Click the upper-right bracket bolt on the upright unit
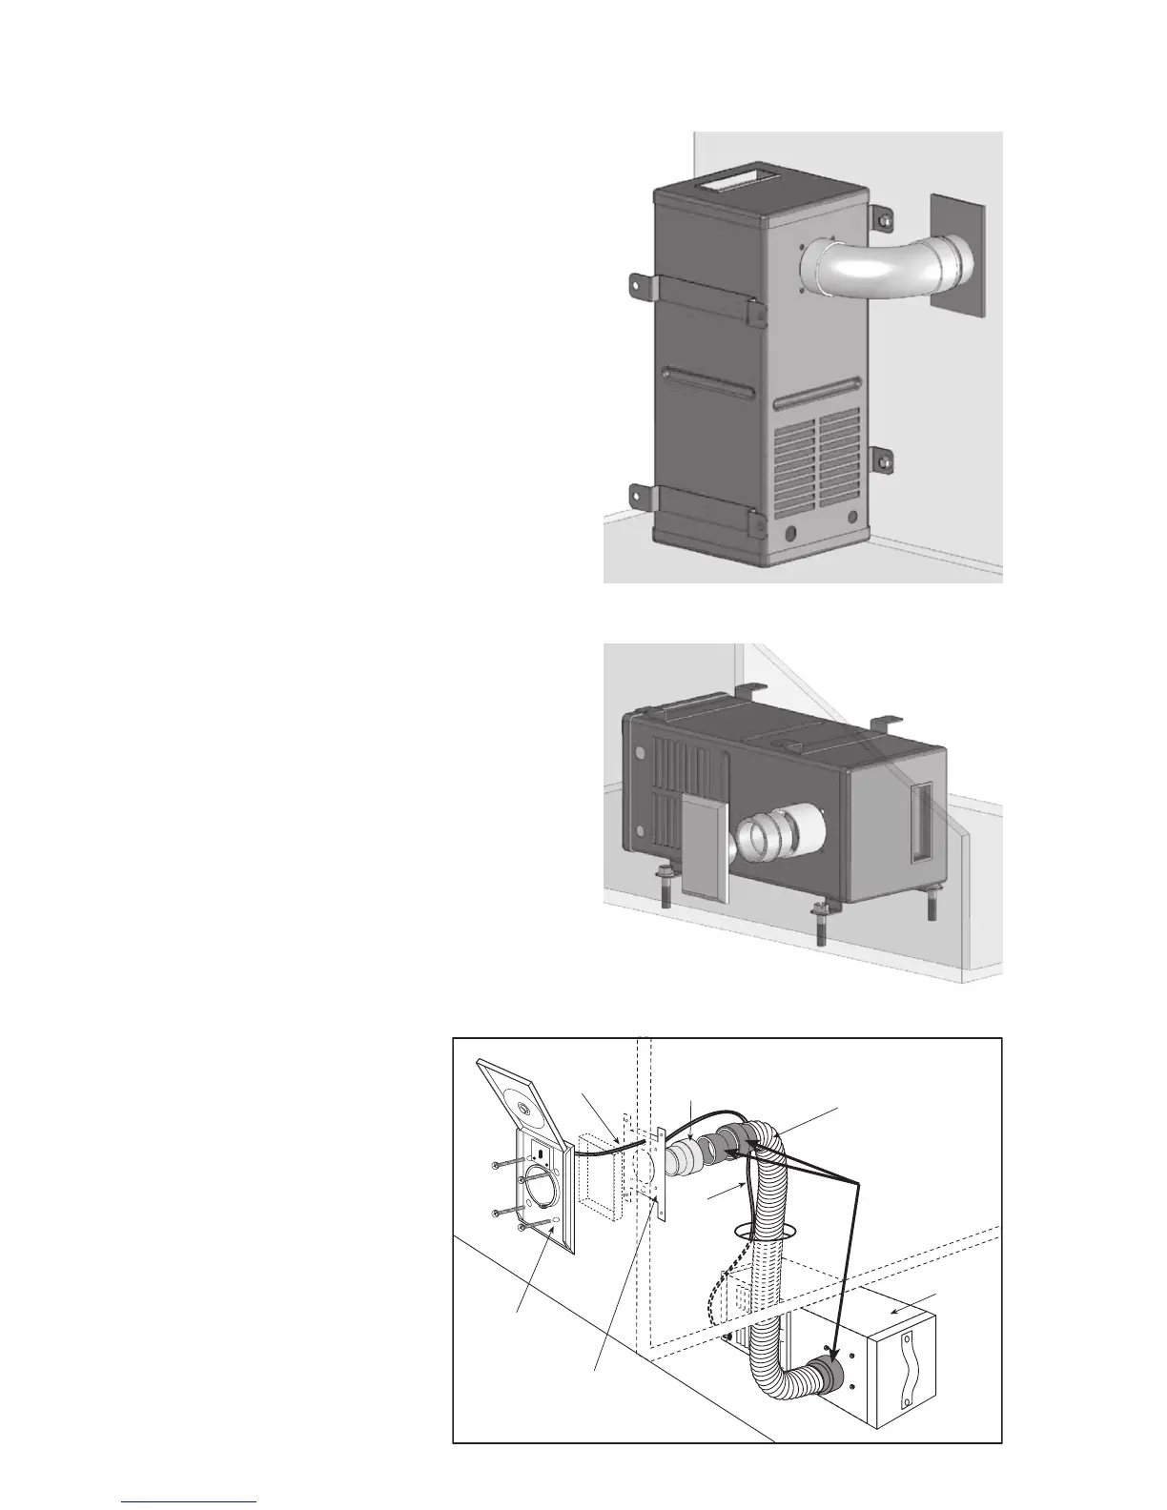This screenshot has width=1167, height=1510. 884,220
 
